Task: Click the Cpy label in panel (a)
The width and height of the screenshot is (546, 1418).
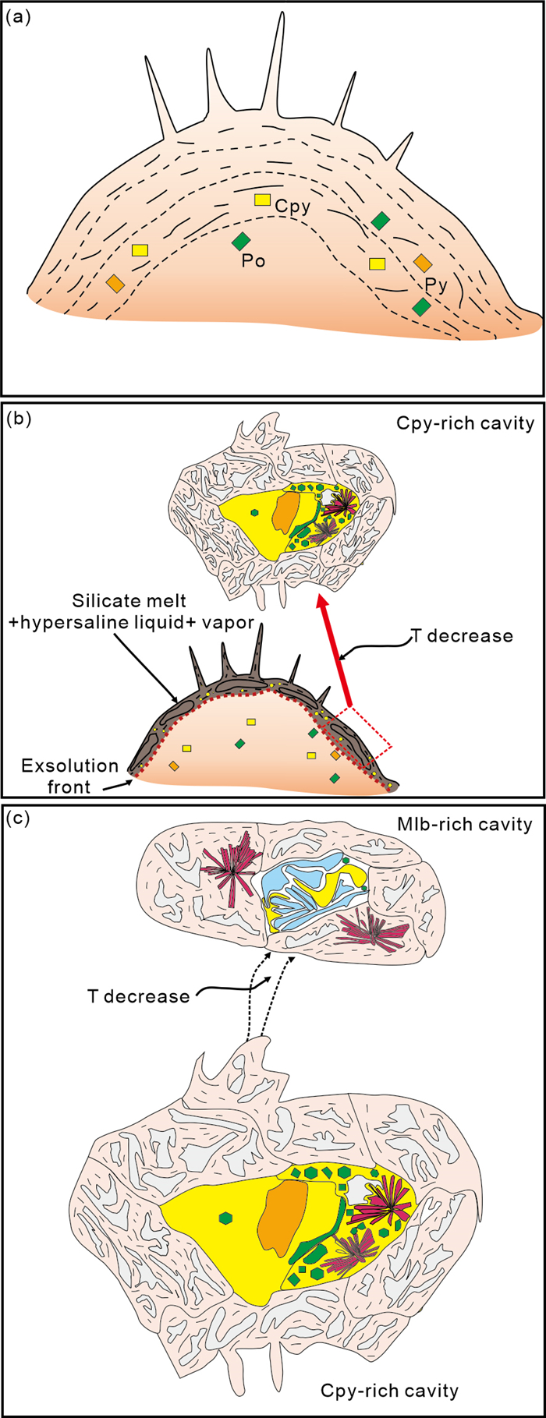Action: click(x=292, y=207)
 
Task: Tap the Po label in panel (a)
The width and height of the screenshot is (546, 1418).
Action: click(x=253, y=261)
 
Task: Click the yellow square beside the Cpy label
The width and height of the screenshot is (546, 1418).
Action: click(x=263, y=200)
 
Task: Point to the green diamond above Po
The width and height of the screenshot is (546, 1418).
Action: click(x=240, y=242)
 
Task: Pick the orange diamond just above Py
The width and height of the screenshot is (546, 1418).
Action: click(x=422, y=262)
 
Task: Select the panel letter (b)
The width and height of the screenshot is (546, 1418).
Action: click(x=18, y=419)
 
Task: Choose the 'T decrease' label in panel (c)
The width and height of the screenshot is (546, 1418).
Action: click(x=138, y=996)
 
